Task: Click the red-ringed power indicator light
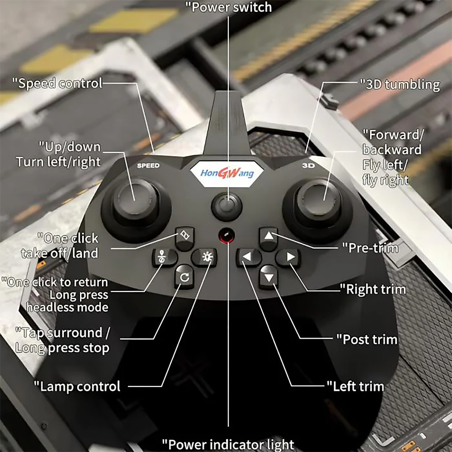[226, 235]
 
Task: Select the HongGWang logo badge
[227, 173]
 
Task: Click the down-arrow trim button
[268, 277]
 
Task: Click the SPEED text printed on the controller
[148, 165]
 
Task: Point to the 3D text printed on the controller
[308, 165]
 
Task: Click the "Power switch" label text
[229, 7]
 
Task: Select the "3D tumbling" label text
[400, 85]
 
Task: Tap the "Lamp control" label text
[77, 386]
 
